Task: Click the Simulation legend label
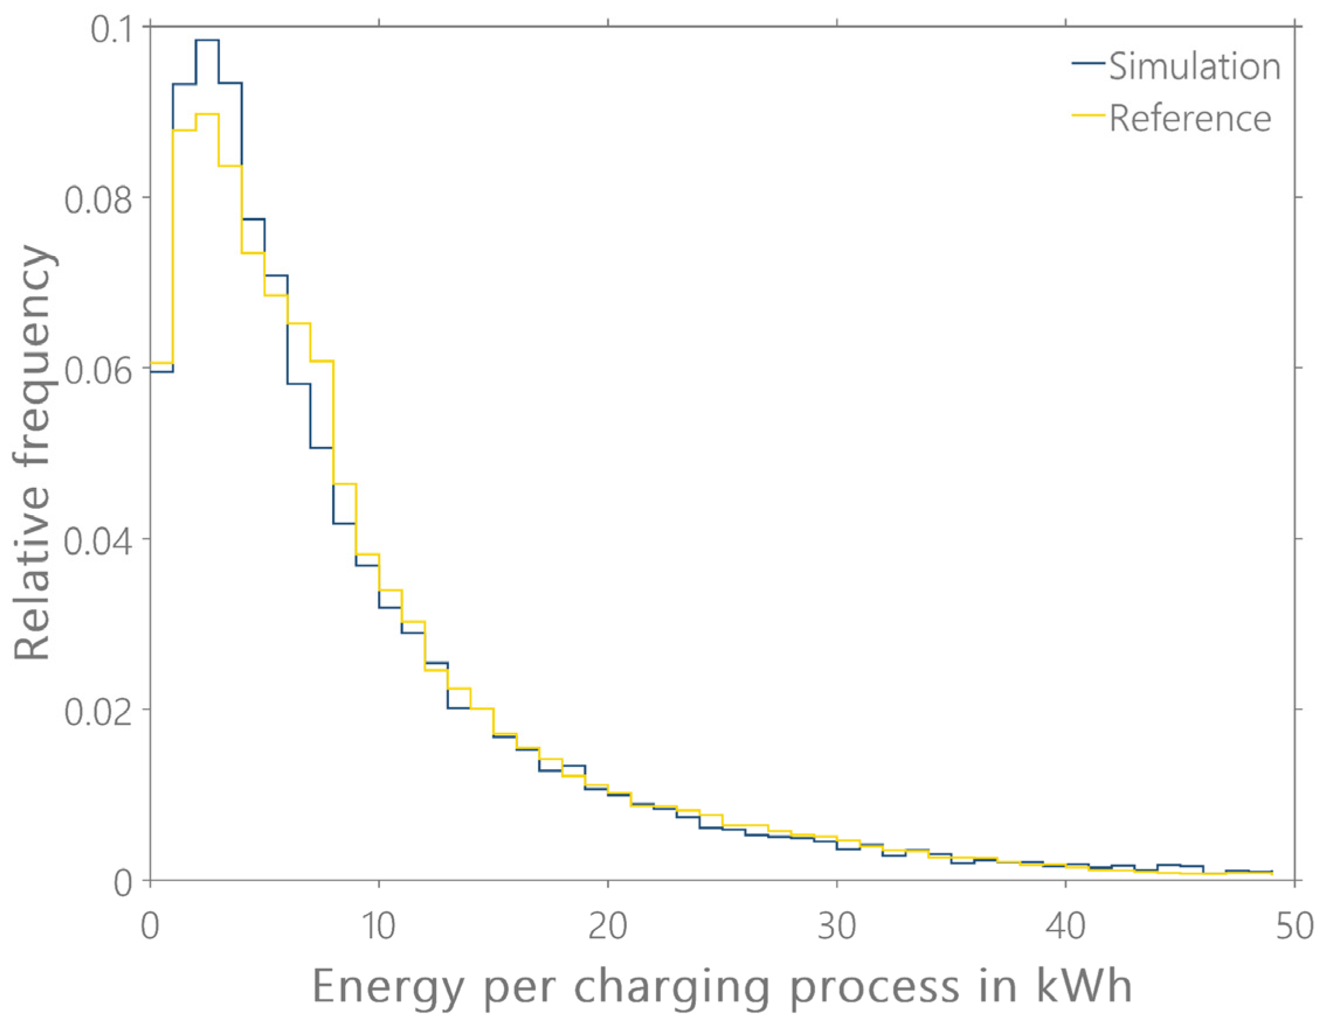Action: point(1195,67)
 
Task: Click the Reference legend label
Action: point(1190,119)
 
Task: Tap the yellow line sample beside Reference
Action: point(1088,114)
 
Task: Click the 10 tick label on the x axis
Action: point(378,927)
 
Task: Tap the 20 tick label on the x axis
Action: point(607,927)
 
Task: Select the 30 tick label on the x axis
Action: point(836,927)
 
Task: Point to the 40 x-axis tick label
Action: point(1065,927)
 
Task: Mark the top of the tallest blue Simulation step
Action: point(207,40)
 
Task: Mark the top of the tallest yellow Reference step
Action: point(207,113)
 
